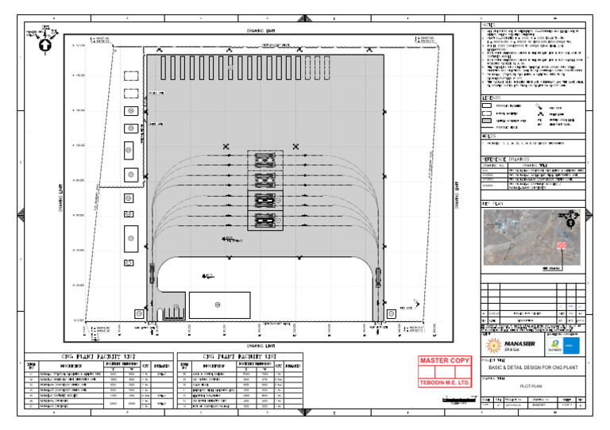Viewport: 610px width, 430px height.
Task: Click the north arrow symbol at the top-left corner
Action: click(x=46, y=45)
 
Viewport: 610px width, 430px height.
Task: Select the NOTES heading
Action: click(x=488, y=25)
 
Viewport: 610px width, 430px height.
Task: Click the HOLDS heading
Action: click(x=489, y=136)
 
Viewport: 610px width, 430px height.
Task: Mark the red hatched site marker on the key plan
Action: click(x=562, y=248)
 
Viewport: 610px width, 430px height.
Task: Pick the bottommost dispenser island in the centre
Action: click(x=264, y=221)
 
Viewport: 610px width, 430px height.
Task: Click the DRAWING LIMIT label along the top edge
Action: click(x=261, y=32)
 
